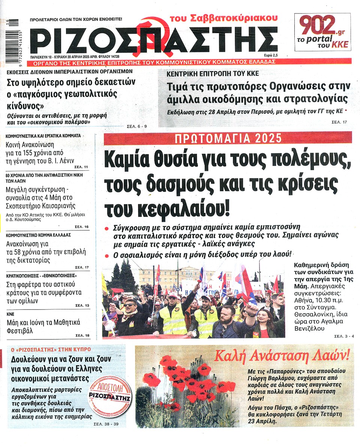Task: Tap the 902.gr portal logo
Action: point(322,32)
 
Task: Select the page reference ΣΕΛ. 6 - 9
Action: point(136,126)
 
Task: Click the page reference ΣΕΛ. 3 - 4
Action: point(343,336)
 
